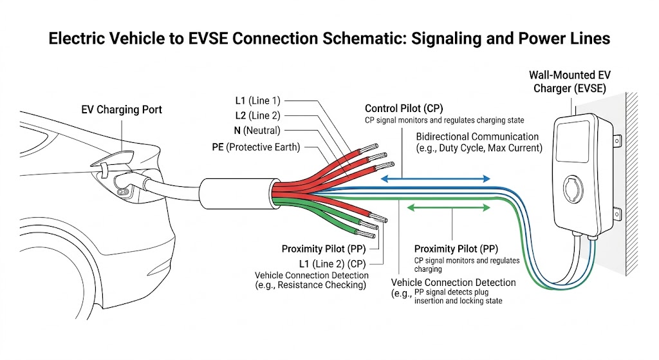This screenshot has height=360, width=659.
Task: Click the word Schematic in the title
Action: point(352,39)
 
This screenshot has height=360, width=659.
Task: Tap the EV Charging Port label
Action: point(121,109)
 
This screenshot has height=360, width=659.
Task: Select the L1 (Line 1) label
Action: point(263,100)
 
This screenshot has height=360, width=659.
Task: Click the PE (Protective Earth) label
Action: point(256,147)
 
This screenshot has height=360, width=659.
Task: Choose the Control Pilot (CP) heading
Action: point(404,108)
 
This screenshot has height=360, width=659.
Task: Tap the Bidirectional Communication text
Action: point(477,137)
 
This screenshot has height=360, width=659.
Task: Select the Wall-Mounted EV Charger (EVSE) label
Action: point(567,82)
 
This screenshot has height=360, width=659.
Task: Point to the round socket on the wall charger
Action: point(571,191)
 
